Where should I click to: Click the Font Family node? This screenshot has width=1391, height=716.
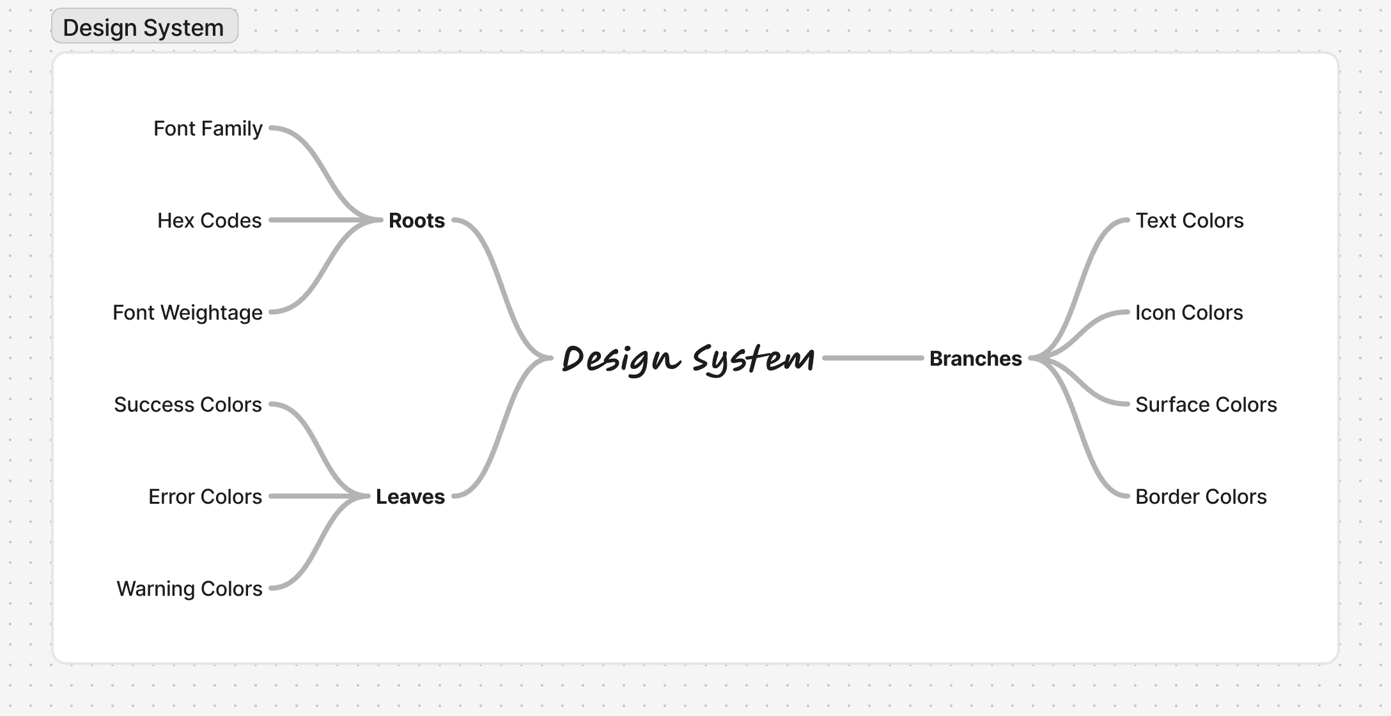(x=208, y=128)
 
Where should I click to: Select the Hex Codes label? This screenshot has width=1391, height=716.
(x=209, y=221)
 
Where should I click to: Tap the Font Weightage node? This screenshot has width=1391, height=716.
(x=187, y=313)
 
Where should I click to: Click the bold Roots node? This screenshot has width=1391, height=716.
(x=416, y=221)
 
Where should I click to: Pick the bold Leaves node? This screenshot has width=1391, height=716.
(x=410, y=497)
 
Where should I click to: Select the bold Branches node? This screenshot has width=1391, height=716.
(x=975, y=359)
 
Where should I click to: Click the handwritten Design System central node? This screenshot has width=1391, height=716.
(x=688, y=358)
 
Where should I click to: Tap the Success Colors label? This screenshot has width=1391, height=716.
(x=188, y=405)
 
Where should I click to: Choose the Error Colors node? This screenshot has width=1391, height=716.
(x=205, y=497)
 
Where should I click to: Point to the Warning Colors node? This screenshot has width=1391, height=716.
(x=189, y=589)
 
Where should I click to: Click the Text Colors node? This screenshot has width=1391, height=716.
(x=1190, y=221)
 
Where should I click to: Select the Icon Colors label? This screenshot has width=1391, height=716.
(x=1189, y=313)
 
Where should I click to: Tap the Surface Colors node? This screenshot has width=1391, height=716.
(x=1206, y=405)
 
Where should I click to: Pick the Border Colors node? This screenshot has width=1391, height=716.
(x=1201, y=497)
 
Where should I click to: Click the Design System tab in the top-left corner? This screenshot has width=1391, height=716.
(x=144, y=27)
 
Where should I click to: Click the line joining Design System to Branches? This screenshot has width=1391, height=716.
(x=873, y=358)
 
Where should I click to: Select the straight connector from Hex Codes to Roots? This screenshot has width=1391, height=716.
(x=320, y=220)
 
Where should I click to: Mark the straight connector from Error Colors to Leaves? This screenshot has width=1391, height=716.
(x=313, y=496)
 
